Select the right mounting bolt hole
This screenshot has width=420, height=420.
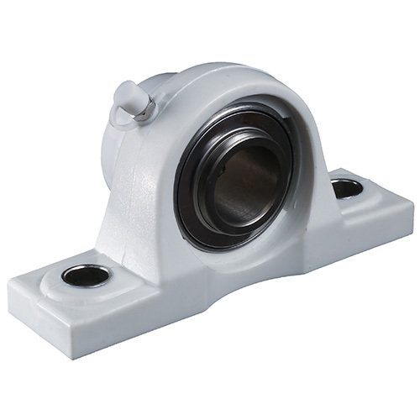(x=347, y=188)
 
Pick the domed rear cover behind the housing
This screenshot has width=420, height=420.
(x=113, y=147)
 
